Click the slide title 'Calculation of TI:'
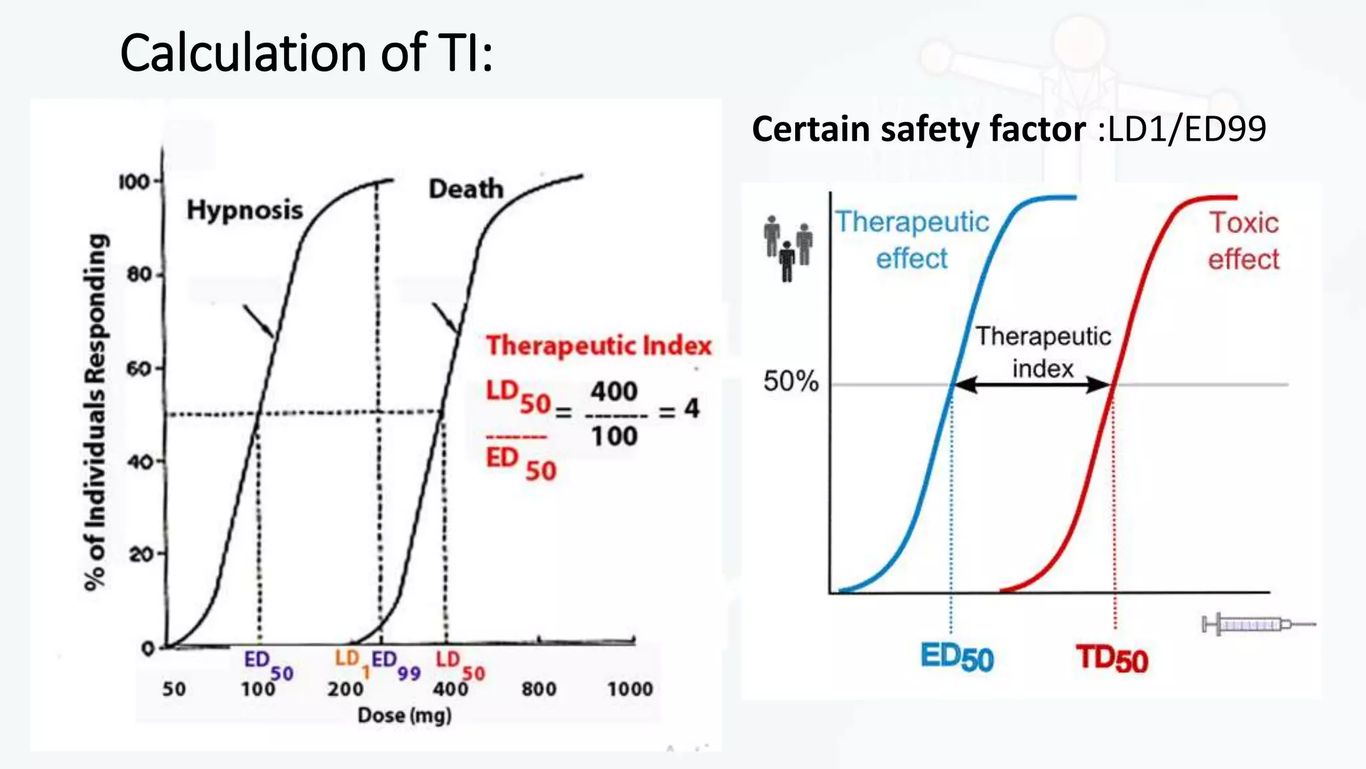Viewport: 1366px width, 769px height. click(x=306, y=53)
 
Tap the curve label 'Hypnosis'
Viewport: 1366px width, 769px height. click(x=244, y=210)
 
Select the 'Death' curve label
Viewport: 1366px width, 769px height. click(x=466, y=189)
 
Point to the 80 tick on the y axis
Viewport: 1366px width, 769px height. click(x=139, y=274)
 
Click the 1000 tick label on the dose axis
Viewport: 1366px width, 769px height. click(x=630, y=689)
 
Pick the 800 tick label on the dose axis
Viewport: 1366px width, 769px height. click(x=539, y=689)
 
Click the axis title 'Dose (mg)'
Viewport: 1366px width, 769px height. click(x=404, y=716)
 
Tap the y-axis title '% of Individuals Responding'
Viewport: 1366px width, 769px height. click(x=95, y=412)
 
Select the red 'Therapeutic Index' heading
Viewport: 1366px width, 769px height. click(x=598, y=346)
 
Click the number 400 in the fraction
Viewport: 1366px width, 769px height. click(x=614, y=391)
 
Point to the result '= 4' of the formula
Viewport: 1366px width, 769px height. click(x=680, y=409)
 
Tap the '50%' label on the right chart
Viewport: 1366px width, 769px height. click(x=790, y=381)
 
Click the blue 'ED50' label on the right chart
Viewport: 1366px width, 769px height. click(x=956, y=658)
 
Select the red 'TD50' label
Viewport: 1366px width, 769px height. click(x=1112, y=659)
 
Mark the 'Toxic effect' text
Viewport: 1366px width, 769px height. click(x=1243, y=241)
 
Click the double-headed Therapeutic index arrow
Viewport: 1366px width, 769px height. click(x=1032, y=384)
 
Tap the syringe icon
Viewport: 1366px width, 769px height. click(x=1257, y=625)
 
